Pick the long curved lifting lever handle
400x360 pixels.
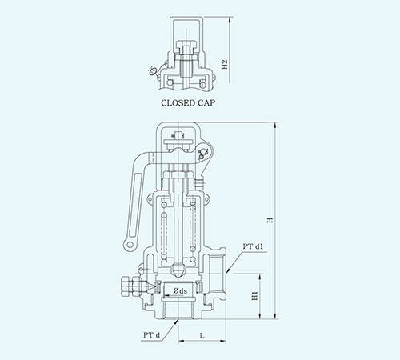(x=138, y=188)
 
